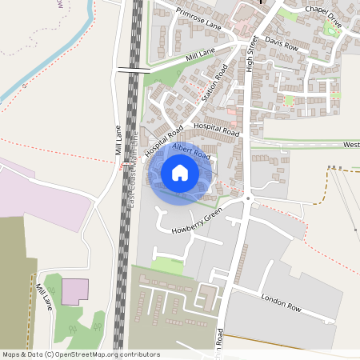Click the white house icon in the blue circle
click(180, 172)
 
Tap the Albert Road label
click(190, 150)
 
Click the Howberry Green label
click(197, 223)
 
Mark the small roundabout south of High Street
click(249, 198)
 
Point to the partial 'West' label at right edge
click(350, 145)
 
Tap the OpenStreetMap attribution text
click(81, 354)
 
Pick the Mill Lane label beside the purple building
click(44, 296)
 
